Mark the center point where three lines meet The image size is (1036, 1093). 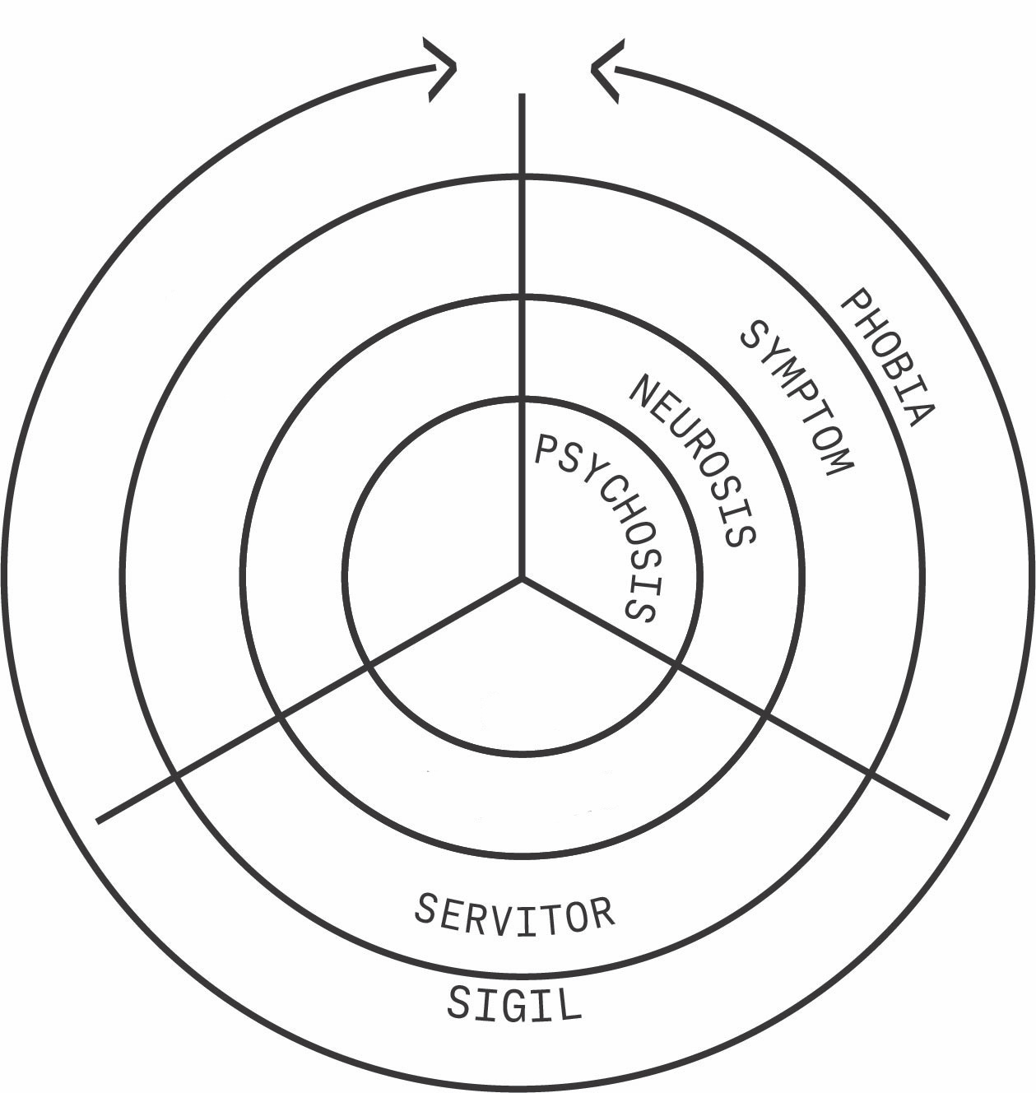[522, 577]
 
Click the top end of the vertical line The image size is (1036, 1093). [522, 96]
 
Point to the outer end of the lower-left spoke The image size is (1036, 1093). [99, 820]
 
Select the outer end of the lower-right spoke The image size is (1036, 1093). [947, 816]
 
